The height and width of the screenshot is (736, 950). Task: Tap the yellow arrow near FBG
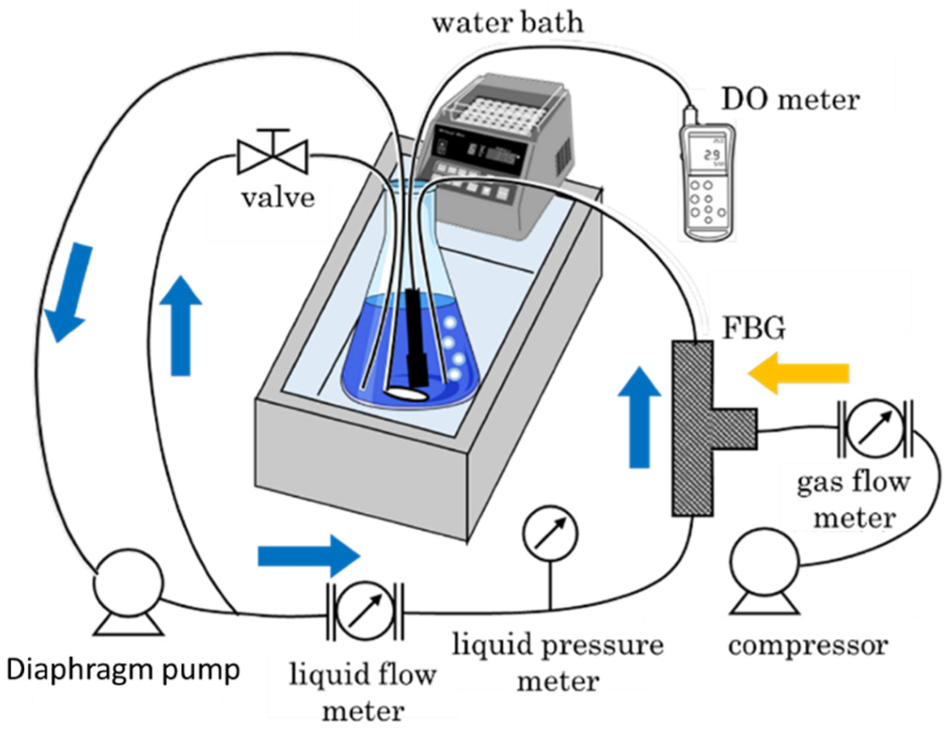tap(798, 373)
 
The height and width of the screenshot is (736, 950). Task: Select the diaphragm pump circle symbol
tap(128, 583)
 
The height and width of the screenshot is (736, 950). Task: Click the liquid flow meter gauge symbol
tap(365, 611)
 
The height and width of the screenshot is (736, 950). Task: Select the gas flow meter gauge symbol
tap(874, 428)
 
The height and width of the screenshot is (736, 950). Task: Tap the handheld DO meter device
tap(707, 181)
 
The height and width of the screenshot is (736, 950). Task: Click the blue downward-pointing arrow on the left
tap(68, 291)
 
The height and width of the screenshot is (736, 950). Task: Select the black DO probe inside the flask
tap(415, 338)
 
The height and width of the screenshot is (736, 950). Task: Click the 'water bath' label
tap(507, 23)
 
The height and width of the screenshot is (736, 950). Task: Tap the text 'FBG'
tap(753, 328)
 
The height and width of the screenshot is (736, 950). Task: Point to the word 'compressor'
tap(807, 645)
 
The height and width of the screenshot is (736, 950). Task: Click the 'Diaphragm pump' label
tap(123, 670)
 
